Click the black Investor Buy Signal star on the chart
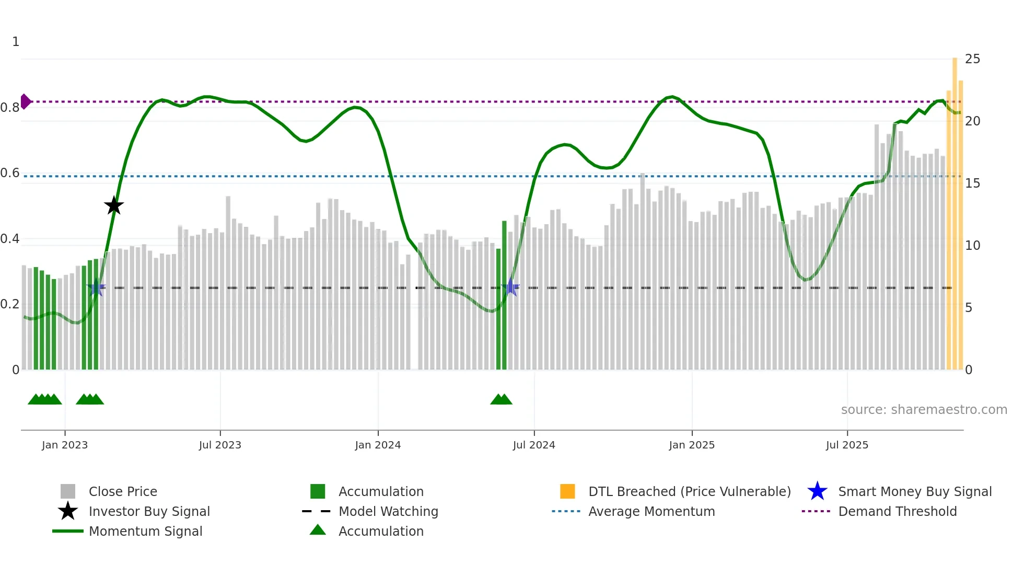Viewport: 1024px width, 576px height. (x=114, y=205)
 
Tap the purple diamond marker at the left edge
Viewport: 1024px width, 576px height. (x=25, y=101)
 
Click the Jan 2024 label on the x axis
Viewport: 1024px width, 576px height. (x=378, y=445)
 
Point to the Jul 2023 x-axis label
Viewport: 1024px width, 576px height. (x=220, y=445)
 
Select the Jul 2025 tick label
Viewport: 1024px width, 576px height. (x=847, y=445)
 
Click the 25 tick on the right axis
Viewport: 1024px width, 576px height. (x=972, y=59)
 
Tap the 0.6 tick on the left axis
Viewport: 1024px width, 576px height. (x=10, y=173)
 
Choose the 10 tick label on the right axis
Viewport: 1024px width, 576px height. (x=972, y=246)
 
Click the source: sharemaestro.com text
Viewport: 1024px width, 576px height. (x=924, y=410)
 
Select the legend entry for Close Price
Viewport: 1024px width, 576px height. (x=123, y=491)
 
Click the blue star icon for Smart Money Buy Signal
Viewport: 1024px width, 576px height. (x=817, y=491)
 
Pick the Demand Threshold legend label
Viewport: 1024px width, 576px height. (x=897, y=511)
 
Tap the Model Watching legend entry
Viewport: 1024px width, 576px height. (x=388, y=511)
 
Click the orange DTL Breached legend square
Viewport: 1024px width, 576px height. (x=567, y=491)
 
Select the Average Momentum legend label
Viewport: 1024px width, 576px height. (x=651, y=511)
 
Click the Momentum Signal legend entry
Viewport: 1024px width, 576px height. (x=145, y=531)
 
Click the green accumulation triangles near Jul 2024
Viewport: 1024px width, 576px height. (x=501, y=400)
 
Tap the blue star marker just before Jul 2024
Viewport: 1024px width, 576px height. (x=511, y=287)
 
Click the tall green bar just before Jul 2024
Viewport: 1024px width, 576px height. (x=504, y=295)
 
